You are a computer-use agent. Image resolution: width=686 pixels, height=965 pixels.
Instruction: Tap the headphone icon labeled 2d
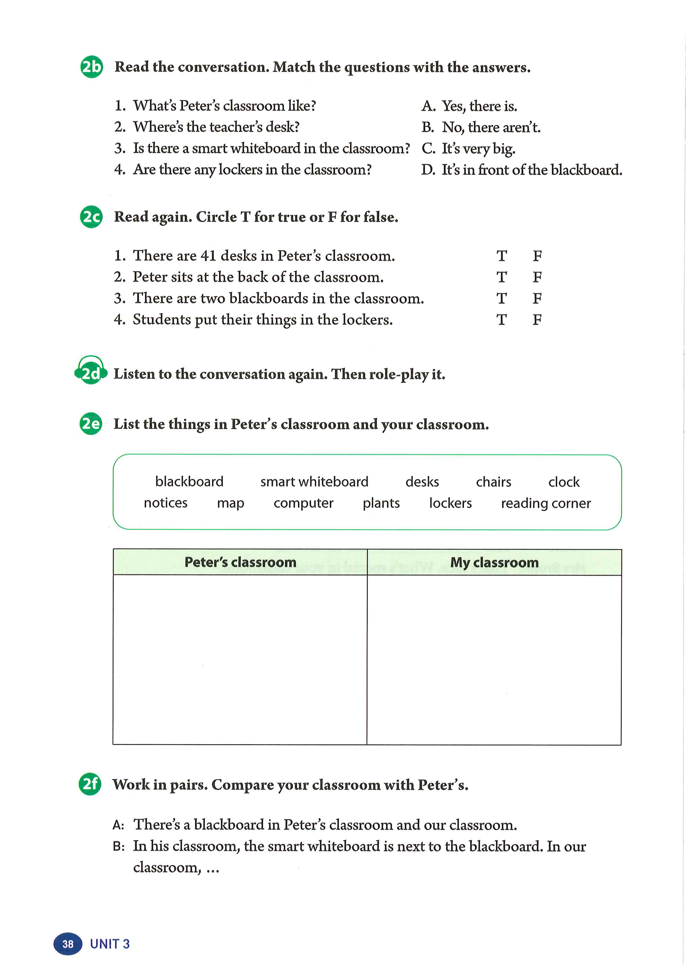tap(90, 372)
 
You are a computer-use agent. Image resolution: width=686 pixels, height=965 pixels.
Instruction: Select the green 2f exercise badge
tap(90, 784)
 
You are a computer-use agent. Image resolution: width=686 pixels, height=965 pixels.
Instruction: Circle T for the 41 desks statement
tap(501, 256)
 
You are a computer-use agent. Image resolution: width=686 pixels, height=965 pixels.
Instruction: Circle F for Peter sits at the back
tap(537, 277)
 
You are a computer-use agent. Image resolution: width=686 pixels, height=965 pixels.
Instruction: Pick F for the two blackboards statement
tap(537, 299)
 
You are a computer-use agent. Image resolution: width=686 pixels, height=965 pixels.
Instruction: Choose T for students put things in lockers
tap(501, 320)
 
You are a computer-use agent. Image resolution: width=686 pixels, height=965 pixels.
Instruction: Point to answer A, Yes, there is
tap(469, 106)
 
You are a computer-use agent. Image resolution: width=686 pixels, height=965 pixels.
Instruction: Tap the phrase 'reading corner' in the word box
tap(545, 503)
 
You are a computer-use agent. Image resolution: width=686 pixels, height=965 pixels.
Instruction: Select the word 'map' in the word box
tap(230, 503)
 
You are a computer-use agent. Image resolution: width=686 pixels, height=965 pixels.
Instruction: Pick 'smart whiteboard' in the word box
tap(314, 482)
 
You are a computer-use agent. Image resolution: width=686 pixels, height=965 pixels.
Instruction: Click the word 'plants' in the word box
tap(381, 503)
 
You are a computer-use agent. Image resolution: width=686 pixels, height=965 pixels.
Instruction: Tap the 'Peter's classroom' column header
tap(240, 562)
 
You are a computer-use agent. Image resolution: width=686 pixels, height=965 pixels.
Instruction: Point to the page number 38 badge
tap(68, 944)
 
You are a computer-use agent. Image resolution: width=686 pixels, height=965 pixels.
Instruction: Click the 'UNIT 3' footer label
tap(110, 944)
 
